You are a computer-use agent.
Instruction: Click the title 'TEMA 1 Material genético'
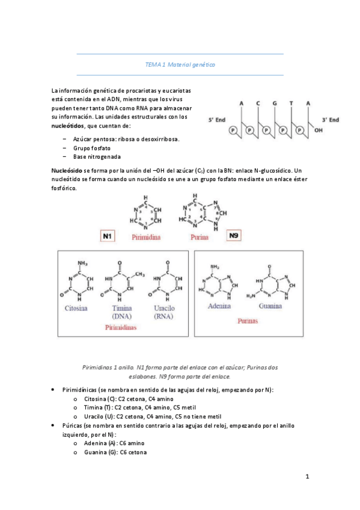pos(180,64)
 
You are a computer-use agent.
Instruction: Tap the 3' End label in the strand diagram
pos(329,120)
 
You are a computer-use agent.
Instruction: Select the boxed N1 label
pos(108,236)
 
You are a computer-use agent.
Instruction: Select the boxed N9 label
pos(235,236)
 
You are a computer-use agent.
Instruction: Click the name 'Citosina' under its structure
pos(76,307)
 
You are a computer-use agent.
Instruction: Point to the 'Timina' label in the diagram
pos(122,307)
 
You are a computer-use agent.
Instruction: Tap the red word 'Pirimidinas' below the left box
pos(121,328)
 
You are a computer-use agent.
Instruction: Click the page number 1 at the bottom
pos(307,478)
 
